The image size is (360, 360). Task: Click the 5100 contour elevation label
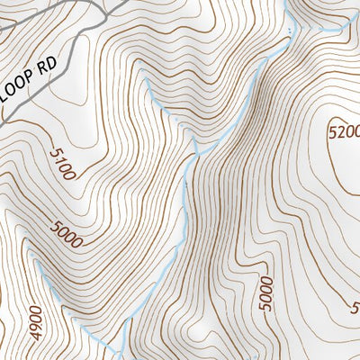[60, 165]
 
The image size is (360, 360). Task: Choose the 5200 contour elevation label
[344, 131]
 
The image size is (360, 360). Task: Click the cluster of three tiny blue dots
[290, 33]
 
